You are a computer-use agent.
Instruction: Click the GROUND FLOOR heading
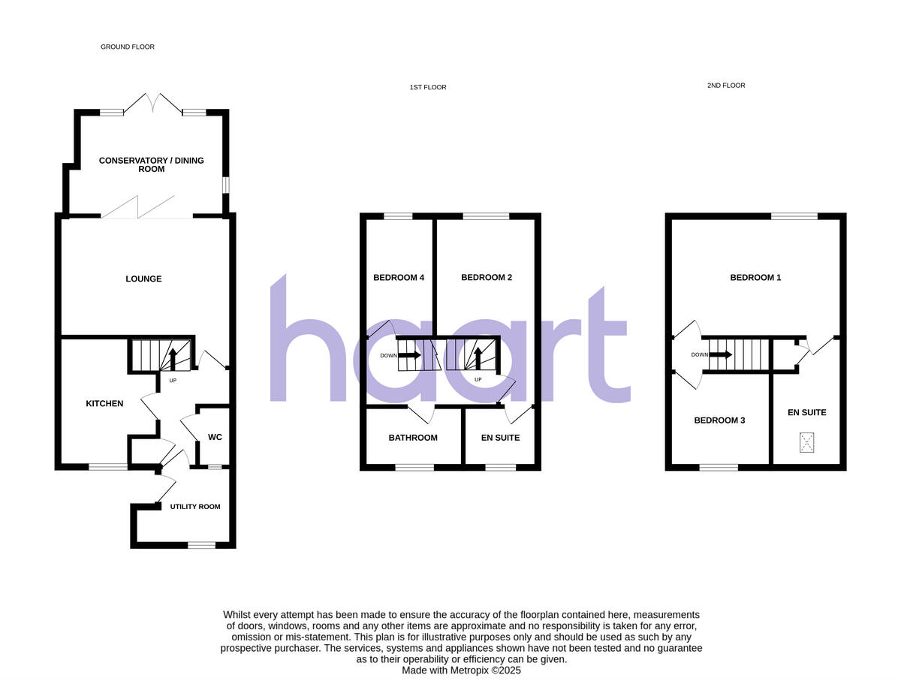[x=128, y=47]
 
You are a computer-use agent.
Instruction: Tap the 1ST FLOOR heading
[x=428, y=88]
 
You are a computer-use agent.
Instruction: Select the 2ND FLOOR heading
[x=726, y=86]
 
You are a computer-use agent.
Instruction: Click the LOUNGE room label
[x=143, y=279]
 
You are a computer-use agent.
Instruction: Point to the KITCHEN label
[x=104, y=404]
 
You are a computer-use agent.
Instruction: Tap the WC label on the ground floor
[x=215, y=437]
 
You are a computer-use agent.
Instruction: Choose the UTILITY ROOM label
[x=194, y=507]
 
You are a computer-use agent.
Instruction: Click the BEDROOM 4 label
[x=399, y=278]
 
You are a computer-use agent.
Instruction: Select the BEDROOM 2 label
[x=487, y=278]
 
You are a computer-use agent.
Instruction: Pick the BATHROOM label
[x=413, y=438]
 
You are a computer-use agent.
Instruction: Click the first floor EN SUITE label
[x=500, y=438]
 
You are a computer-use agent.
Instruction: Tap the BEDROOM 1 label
[x=755, y=278]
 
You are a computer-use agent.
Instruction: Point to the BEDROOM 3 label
[x=719, y=420]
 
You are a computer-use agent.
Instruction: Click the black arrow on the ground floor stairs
[x=173, y=358]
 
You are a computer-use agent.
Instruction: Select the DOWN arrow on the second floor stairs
[x=722, y=354]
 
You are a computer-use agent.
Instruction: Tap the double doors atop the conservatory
[x=153, y=104]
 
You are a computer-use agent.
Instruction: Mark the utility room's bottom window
[x=201, y=545]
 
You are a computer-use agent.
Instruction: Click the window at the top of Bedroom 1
[x=794, y=217]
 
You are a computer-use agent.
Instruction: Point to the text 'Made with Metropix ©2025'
[x=461, y=670]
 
